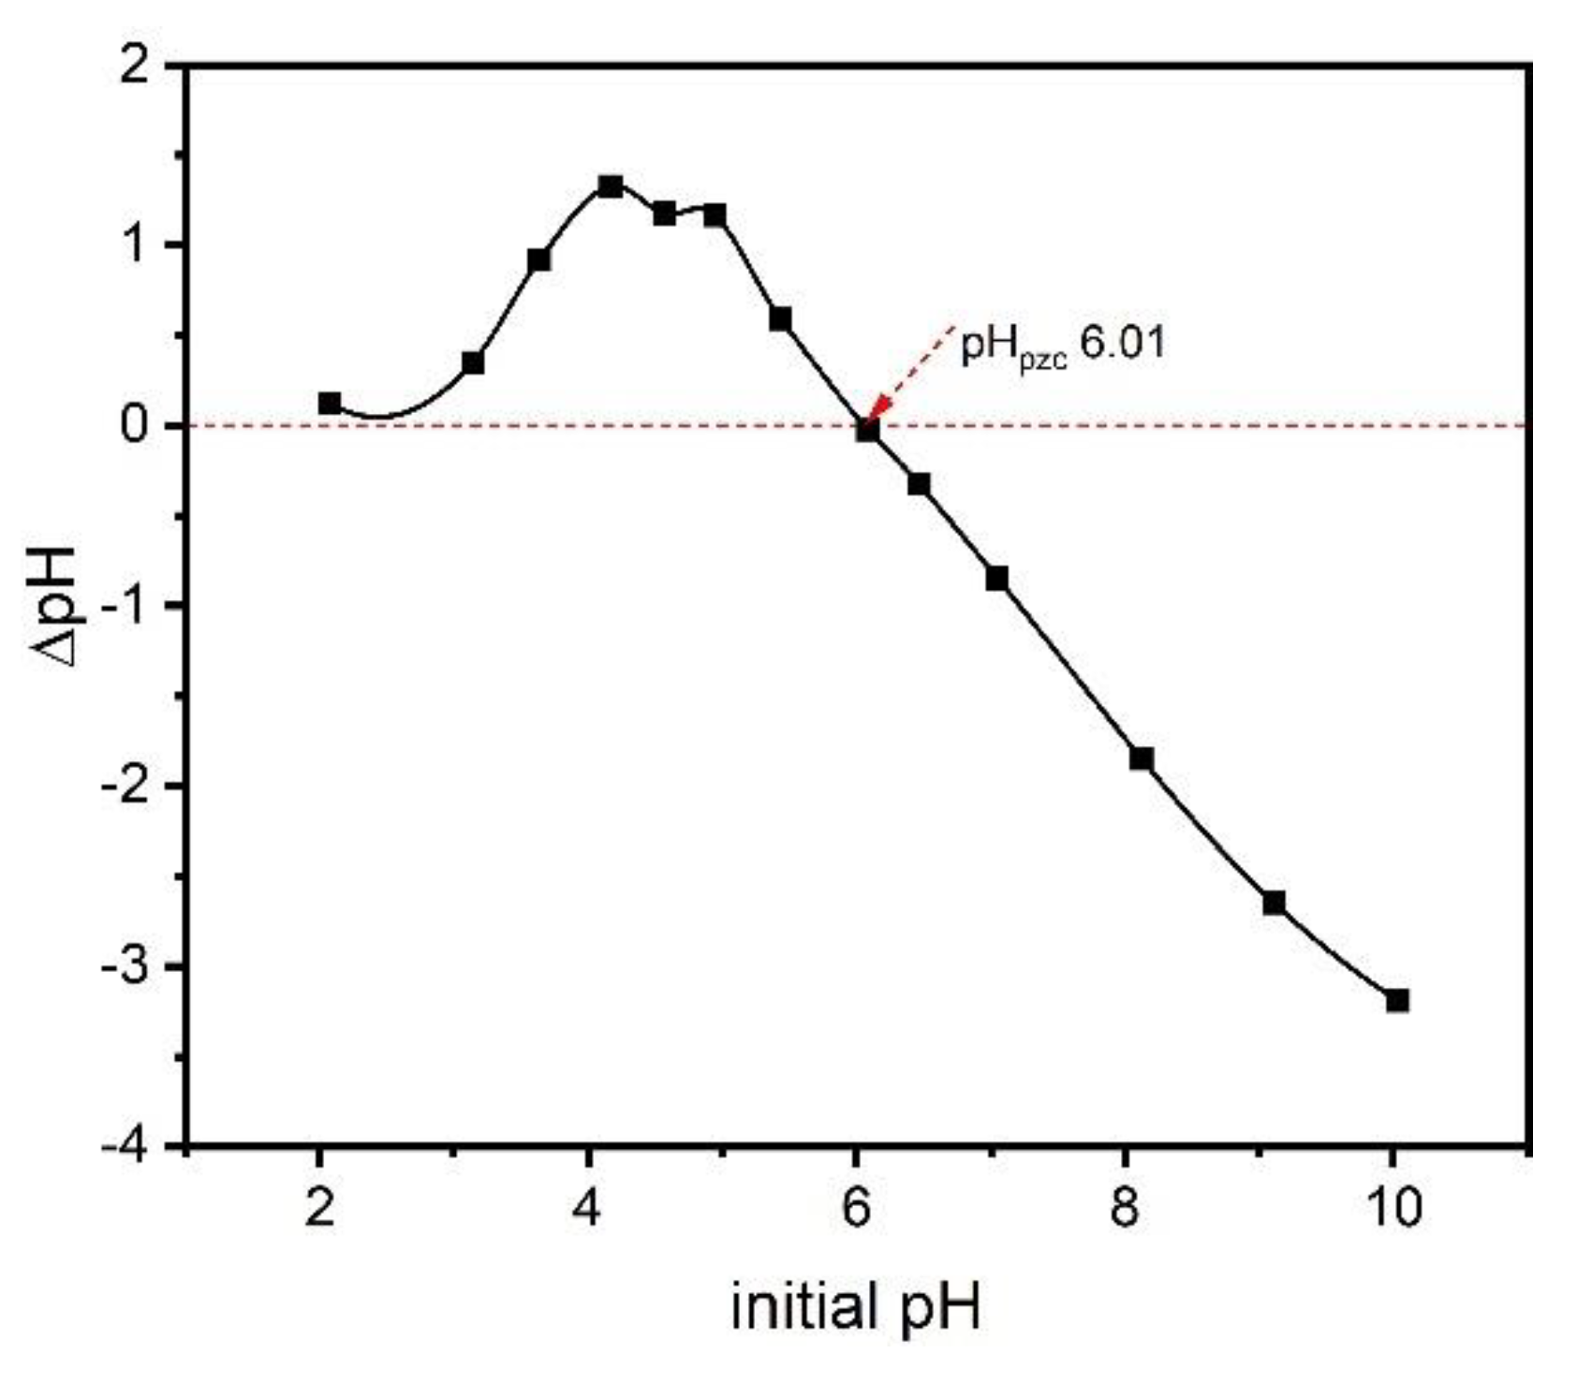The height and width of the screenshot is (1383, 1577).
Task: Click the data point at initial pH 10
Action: pyautogui.click(x=1396, y=1001)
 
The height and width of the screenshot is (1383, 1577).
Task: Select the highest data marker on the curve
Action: pyautogui.click(x=611, y=186)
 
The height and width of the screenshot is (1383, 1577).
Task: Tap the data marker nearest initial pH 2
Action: pyautogui.click(x=330, y=404)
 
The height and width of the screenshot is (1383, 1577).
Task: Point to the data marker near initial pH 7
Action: pyautogui.click(x=996, y=579)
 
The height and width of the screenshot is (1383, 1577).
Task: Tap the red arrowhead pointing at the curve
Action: pyautogui.click(x=878, y=412)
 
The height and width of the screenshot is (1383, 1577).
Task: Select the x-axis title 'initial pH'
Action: pyautogui.click(x=855, y=1307)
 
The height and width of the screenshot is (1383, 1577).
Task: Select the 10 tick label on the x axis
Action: pyautogui.click(x=1393, y=1208)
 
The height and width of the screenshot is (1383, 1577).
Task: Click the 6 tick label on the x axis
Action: pyautogui.click(x=856, y=1208)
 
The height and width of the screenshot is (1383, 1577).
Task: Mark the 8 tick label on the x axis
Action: pyautogui.click(x=1124, y=1208)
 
